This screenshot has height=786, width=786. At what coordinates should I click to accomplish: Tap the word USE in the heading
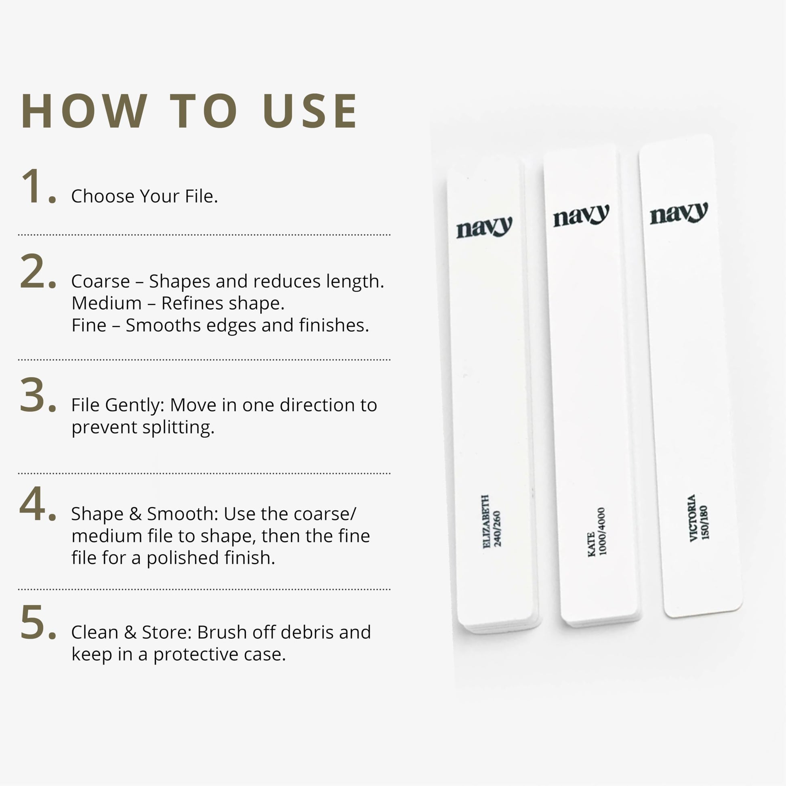(x=310, y=111)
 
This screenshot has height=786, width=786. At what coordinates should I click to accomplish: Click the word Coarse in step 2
(x=101, y=281)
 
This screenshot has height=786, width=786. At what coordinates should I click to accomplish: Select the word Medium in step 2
(x=107, y=303)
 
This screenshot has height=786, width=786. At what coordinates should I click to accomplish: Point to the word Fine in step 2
(x=89, y=325)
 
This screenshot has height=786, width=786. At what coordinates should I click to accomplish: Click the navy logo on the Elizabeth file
(x=484, y=227)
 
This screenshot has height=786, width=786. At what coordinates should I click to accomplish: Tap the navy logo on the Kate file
(x=581, y=215)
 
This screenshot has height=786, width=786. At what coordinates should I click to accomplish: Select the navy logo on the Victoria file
(x=679, y=213)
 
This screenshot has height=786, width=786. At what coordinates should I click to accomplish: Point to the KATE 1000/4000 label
(x=597, y=531)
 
